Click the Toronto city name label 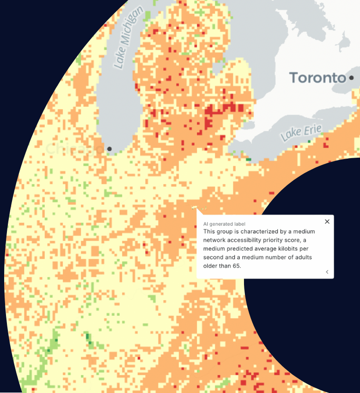click(x=317, y=78)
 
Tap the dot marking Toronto click(x=352, y=78)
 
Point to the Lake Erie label click(x=301, y=133)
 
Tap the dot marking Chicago click(x=110, y=149)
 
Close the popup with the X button click(x=327, y=221)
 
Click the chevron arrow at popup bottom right click(x=327, y=272)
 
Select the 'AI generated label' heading click(x=224, y=224)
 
